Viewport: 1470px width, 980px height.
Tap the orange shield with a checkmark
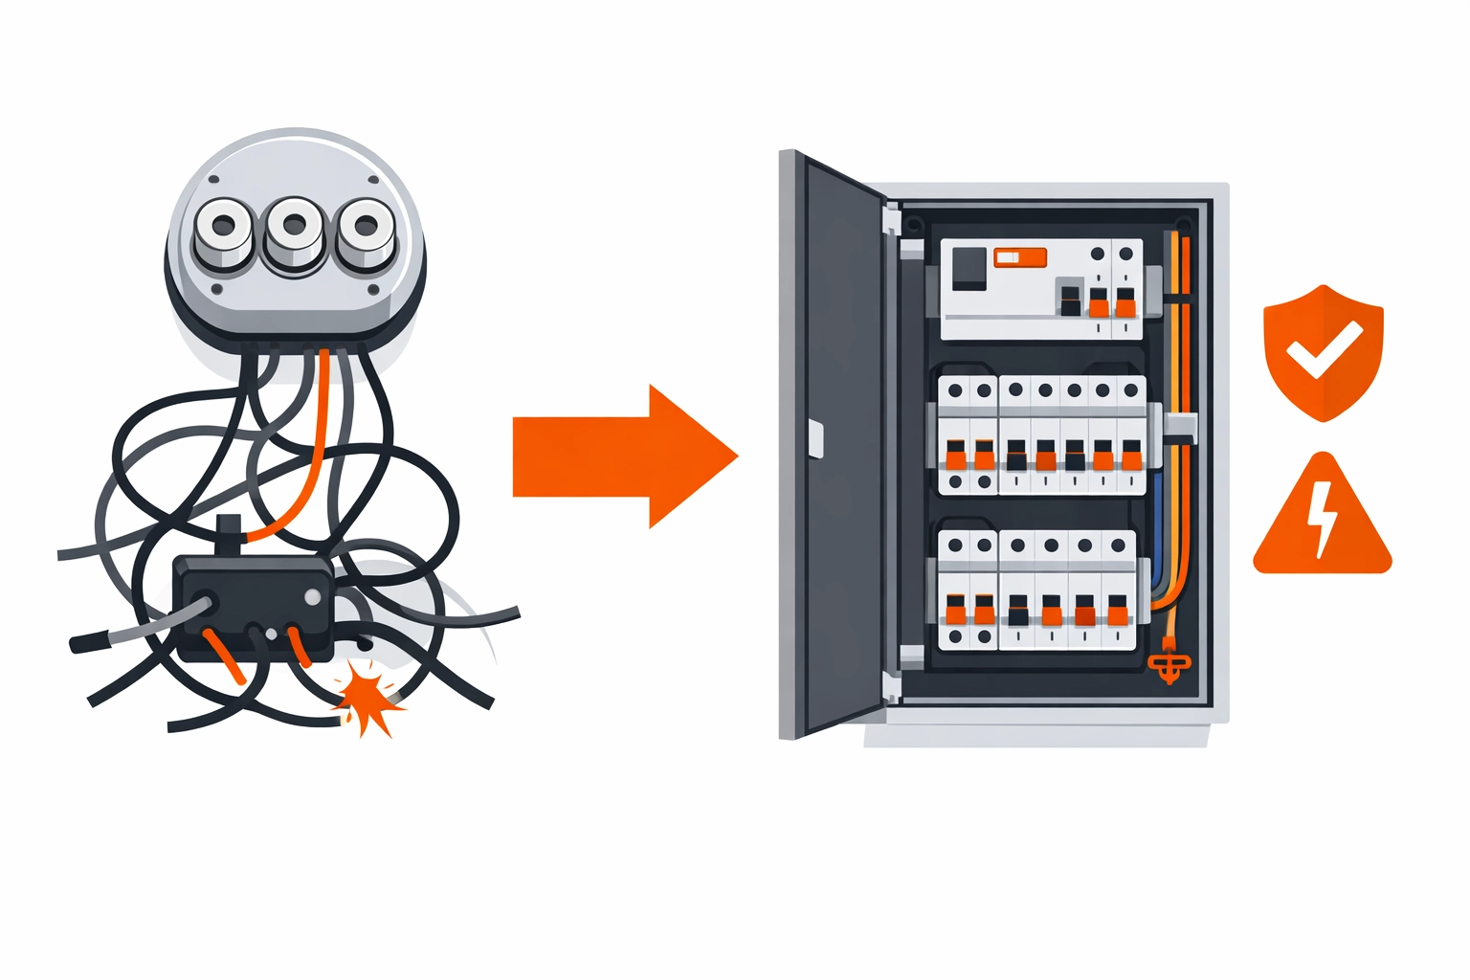pyautogui.click(x=1323, y=350)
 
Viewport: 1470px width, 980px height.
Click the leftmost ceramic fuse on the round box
pyautogui.click(x=223, y=229)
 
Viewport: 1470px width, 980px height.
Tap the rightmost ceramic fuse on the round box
pyautogui.click(x=365, y=230)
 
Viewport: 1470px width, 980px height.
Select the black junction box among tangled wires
pyautogui.click(x=254, y=607)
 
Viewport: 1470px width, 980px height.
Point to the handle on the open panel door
pyautogui.click(x=815, y=438)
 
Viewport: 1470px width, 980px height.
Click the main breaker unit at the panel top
pyautogui.click(x=1041, y=289)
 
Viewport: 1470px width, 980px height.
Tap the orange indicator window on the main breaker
pyautogui.click(x=1020, y=257)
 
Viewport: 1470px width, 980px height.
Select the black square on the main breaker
pyautogui.click(x=969, y=268)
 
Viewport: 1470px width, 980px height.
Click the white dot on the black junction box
pyautogui.click(x=312, y=597)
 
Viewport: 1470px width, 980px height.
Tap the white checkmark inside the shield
pyautogui.click(x=1323, y=348)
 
